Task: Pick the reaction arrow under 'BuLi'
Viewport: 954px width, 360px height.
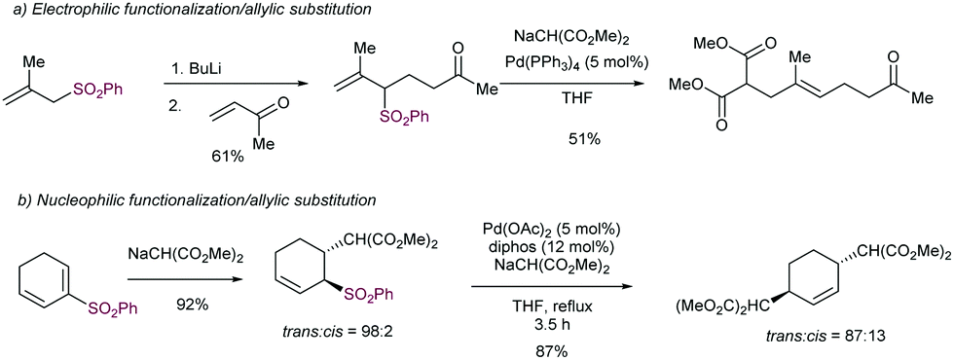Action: [227, 83]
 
